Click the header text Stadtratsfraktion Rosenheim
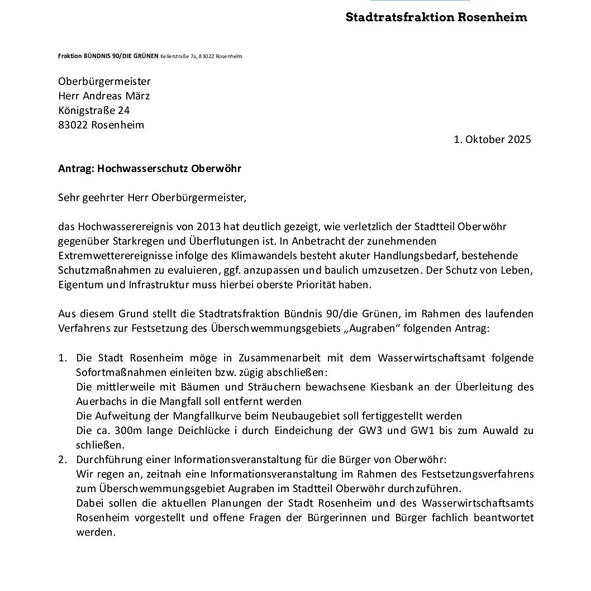click(x=436, y=17)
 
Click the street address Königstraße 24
click(x=94, y=110)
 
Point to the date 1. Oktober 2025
click(x=492, y=139)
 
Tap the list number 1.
click(x=63, y=358)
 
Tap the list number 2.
click(x=63, y=459)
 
